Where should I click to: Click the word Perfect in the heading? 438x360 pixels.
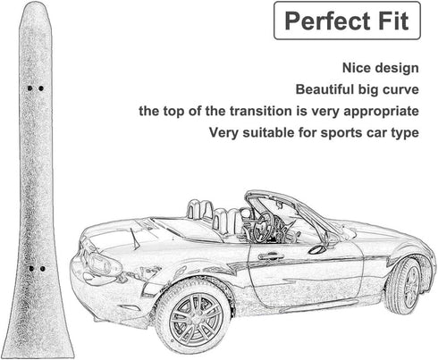pyautogui.click(x=327, y=21)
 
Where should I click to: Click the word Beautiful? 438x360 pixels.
pyautogui.click(x=324, y=89)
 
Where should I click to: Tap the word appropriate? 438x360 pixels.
pyautogui.click(x=382, y=112)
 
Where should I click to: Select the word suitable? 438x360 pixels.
pyautogui.click(x=268, y=132)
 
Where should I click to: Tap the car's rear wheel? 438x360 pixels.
pyautogui.click(x=406, y=287)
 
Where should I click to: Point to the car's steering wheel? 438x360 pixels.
pyautogui.click(x=265, y=228)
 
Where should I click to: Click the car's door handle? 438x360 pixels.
pyautogui.click(x=271, y=256)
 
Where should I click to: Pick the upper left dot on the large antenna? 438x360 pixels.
pyautogui.click(x=29, y=88)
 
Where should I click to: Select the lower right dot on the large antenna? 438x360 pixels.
pyautogui.click(x=43, y=269)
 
